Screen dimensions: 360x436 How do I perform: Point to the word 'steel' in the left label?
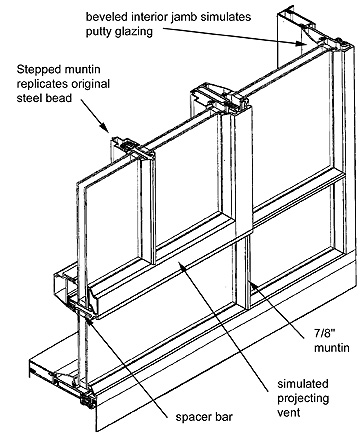(29, 98)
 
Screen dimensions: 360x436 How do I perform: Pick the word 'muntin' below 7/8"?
(332, 348)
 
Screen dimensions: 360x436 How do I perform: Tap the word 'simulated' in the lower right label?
(303, 384)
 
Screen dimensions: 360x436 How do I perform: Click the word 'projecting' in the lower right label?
(303, 399)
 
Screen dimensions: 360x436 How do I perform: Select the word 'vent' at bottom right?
(289, 412)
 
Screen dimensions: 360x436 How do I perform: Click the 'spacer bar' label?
(204, 417)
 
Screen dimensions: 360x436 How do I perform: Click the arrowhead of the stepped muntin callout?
(105, 128)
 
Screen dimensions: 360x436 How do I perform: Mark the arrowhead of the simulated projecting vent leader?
(181, 264)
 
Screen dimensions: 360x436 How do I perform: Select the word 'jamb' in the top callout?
(186, 17)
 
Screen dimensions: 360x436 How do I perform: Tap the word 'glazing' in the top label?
(134, 32)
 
